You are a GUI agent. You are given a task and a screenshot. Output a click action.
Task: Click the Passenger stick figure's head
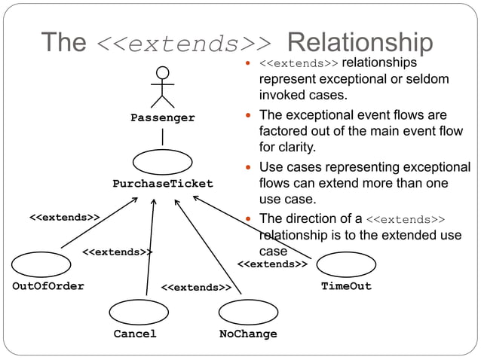[x=162, y=73]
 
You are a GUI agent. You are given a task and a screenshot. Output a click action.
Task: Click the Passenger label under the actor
[x=162, y=117]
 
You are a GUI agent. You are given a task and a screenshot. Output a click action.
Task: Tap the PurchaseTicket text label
[x=163, y=184]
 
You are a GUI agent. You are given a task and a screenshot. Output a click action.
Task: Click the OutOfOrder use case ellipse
[x=41, y=264]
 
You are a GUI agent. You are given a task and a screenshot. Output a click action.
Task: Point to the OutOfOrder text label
[x=48, y=286]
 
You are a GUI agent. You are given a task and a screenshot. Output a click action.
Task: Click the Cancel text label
[x=135, y=334]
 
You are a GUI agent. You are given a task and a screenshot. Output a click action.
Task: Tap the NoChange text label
[x=248, y=334]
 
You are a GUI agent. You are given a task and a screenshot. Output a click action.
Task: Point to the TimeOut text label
[x=346, y=286]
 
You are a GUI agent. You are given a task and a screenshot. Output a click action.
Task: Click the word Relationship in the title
[x=360, y=42]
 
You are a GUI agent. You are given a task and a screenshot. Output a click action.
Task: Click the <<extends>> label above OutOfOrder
[x=65, y=218]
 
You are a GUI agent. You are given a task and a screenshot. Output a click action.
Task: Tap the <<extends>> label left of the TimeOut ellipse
[x=272, y=264]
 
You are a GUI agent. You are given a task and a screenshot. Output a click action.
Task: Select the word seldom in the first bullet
[x=428, y=79]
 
